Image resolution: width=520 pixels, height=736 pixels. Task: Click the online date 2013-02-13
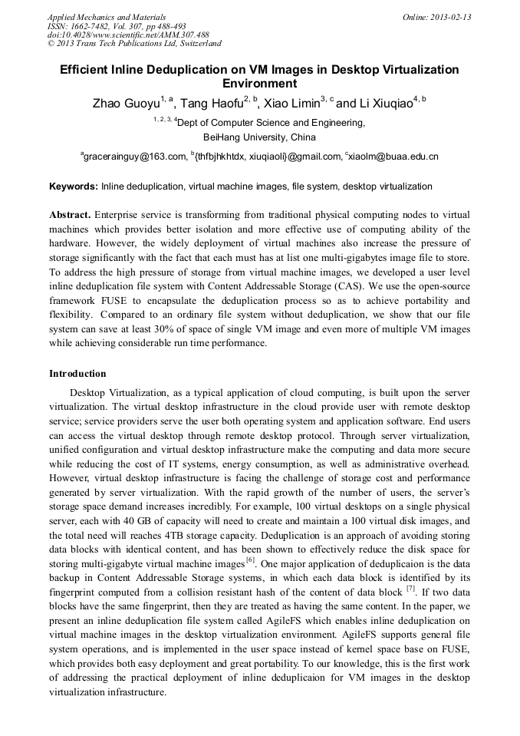pos(450,17)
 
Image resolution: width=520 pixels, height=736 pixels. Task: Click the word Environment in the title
pos(259,84)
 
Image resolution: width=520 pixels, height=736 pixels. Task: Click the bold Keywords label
pos(73,186)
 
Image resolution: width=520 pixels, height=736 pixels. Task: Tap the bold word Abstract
pos(70,215)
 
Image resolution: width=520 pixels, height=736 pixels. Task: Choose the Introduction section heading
pos(77,374)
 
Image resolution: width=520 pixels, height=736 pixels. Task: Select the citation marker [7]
pos(412,589)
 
